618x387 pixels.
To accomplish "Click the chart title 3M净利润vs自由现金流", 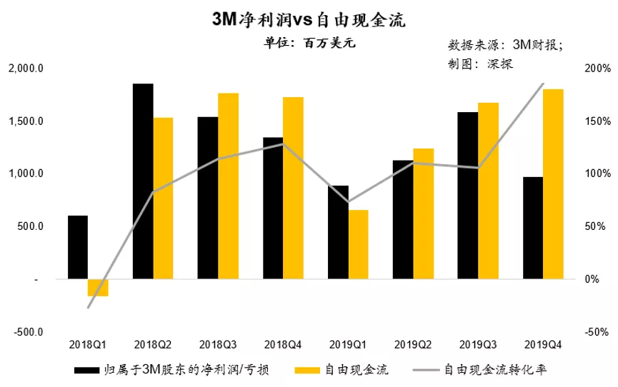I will pyautogui.click(x=309, y=20).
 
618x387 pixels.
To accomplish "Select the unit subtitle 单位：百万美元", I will pyautogui.click(x=309, y=42).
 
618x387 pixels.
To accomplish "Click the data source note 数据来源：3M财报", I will pyautogui.click(x=505, y=44).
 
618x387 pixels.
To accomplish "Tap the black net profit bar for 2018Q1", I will pyautogui.click(x=78, y=247).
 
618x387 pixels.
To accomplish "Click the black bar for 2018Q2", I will pyautogui.click(x=143, y=181).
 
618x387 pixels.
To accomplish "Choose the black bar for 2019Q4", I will pyautogui.click(x=532, y=228).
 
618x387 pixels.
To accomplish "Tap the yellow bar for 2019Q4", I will pyautogui.click(x=553, y=184).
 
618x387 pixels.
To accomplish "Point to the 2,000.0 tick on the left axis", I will pyautogui.click(x=26, y=69).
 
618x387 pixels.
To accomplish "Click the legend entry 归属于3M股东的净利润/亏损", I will pyautogui.click(x=171, y=369).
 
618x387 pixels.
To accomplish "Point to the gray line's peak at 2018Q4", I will pyautogui.click(x=283, y=144).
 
